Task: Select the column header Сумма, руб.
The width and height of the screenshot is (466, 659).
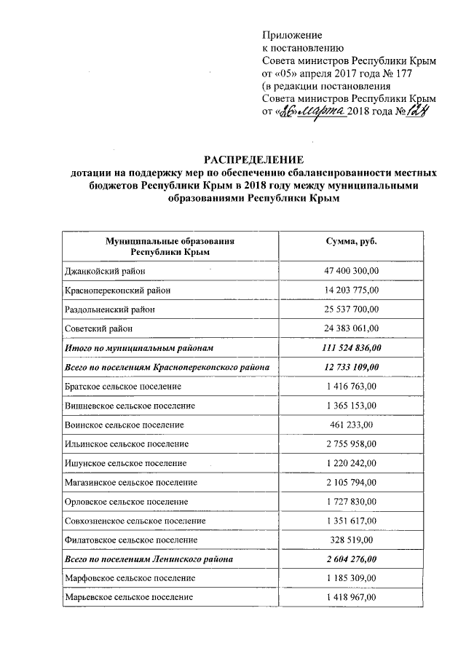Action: click(352, 241)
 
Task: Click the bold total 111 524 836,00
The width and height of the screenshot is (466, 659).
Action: click(352, 348)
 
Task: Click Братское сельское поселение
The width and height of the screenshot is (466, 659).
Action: click(123, 386)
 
